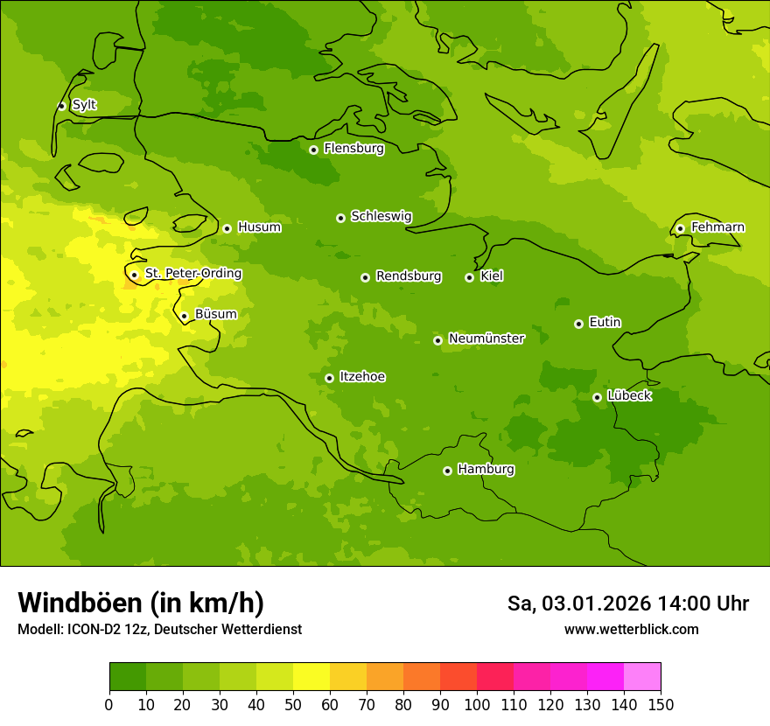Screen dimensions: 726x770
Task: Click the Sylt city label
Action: (x=84, y=105)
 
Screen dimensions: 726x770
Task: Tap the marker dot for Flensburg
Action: (x=313, y=150)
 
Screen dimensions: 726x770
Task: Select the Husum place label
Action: (x=259, y=227)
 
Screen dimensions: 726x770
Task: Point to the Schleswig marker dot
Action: (x=340, y=218)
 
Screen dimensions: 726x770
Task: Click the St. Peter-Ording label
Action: (x=192, y=274)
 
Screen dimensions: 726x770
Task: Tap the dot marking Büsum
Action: (x=184, y=316)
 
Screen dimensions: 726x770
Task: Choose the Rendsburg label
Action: (x=408, y=276)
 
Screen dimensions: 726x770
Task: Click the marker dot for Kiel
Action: (x=469, y=277)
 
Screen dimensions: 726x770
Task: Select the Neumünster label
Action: (x=486, y=339)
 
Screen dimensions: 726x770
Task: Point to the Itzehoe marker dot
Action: (x=329, y=378)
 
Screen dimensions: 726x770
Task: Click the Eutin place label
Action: (x=605, y=322)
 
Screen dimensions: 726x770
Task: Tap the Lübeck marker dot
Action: (x=597, y=397)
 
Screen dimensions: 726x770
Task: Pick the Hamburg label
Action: (x=486, y=469)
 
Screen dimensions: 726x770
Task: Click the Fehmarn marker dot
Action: (x=680, y=228)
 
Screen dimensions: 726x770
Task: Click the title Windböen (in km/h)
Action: (x=140, y=603)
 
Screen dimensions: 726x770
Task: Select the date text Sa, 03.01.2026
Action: (x=577, y=604)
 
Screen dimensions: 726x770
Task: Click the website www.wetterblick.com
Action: (x=631, y=629)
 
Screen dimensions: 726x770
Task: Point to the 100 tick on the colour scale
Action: (x=477, y=704)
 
